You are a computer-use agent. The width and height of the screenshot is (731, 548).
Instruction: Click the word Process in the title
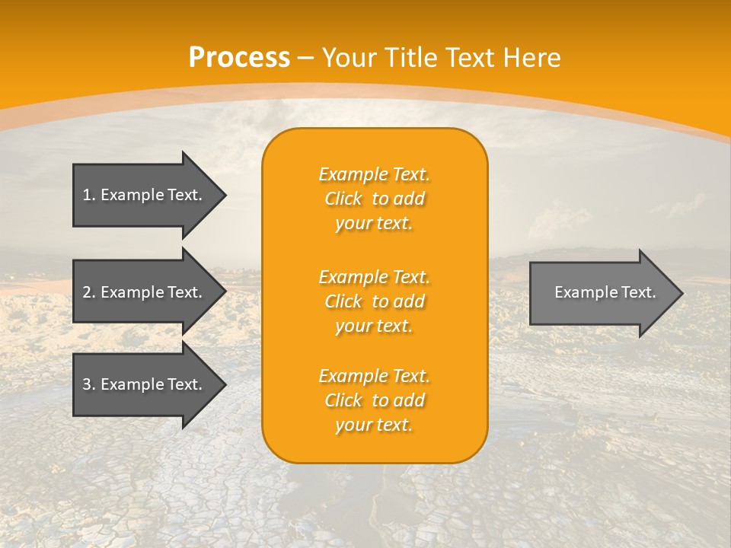pyautogui.click(x=239, y=58)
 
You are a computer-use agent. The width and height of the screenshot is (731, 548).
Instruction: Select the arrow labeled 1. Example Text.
pyautogui.click(x=145, y=195)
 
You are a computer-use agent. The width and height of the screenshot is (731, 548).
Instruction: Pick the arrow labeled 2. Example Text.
pyautogui.click(x=145, y=292)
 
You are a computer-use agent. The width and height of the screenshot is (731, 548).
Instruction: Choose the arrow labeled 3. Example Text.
pyautogui.click(x=145, y=384)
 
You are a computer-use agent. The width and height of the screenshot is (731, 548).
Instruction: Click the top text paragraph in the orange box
pyautogui.click(x=374, y=199)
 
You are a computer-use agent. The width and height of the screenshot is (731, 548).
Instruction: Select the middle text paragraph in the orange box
pyautogui.click(x=374, y=301)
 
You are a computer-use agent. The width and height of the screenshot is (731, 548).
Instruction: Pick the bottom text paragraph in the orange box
pyautogui.click(x=374, y=400)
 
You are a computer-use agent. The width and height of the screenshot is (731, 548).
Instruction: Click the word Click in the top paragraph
pyautogui.click(x=343, y=199)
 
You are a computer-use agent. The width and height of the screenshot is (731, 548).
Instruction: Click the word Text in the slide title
pyautogui.click(x=471, y=58)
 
